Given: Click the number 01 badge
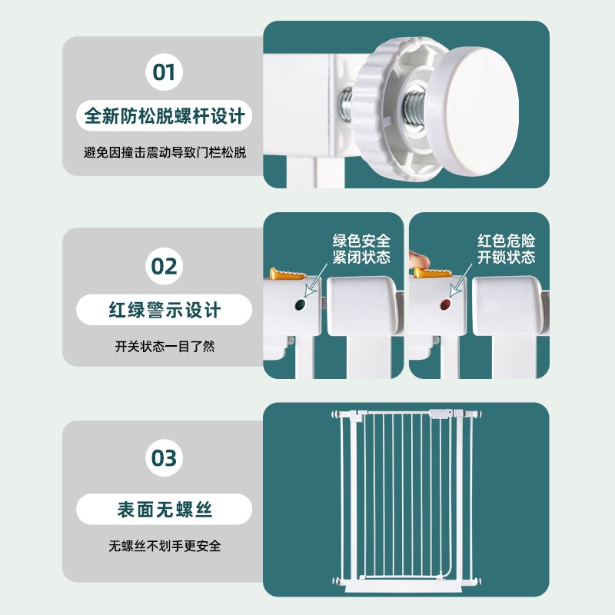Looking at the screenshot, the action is (x=164, y=72).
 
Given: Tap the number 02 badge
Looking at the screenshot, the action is (x=164, y=266).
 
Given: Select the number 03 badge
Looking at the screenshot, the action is (x=164, y=457).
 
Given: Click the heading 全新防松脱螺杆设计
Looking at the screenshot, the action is (x=165, y=116).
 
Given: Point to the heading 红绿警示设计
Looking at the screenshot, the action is (x=165, y=310).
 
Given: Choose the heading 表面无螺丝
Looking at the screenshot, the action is (x=165, y=509).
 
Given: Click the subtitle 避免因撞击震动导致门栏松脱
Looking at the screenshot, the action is (x=165, y=152).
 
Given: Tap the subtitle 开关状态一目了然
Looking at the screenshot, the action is (x=165, y=347).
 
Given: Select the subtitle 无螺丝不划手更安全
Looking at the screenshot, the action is (x=165, y=546).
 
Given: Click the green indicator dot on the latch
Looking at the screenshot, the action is (x=301, y=304).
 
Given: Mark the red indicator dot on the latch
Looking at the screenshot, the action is (x=446, y=304).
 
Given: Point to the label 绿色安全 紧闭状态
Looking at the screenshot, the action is (x=361, y=248).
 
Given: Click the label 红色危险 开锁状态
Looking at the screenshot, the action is (x=506, y=248).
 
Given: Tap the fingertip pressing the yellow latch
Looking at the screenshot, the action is (x=419, y=260).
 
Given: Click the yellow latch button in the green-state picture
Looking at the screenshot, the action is (x=288, y=274).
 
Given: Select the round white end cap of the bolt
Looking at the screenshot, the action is (x=472, y=111).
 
